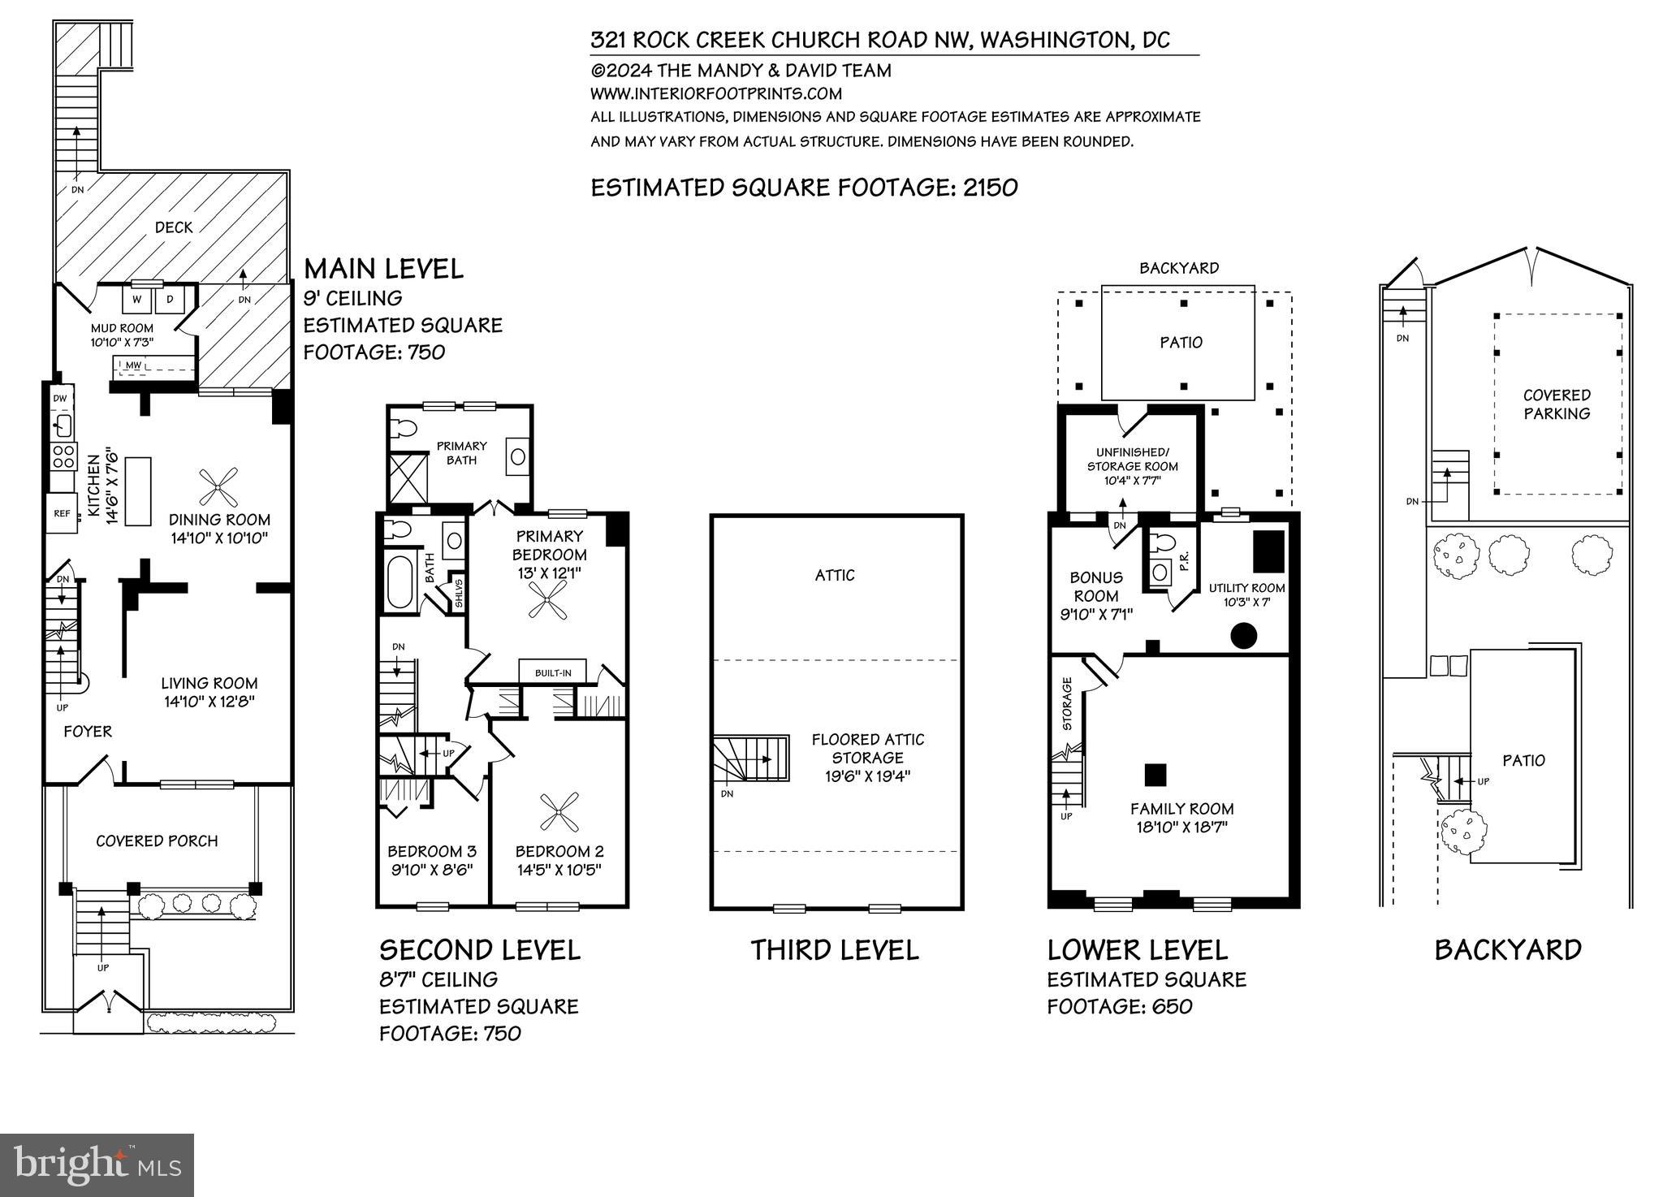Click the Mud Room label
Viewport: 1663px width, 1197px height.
(x=122, y=329)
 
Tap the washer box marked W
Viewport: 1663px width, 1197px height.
(x=136, y=299)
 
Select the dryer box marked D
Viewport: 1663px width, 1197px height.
(x=171, y=299)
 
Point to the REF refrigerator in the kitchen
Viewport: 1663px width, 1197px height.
(x=62, y=513)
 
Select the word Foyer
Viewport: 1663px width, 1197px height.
(x=88, y=732)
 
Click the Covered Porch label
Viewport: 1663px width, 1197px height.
(x=157, y=841)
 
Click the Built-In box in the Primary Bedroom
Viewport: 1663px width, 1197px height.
(x=552, y=672)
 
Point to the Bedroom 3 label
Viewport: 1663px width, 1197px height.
(x=431, y=852)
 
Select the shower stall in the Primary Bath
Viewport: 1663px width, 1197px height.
(x=408, y=477)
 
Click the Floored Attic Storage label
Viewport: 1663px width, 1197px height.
(x=867, y=748)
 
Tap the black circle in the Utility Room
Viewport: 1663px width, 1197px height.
(x=1243, y=635)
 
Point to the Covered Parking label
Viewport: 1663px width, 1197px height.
(x=1556, y=404)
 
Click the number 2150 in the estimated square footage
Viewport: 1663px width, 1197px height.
(x=990, y=188)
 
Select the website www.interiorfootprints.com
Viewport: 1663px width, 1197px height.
(x=715, y=93)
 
